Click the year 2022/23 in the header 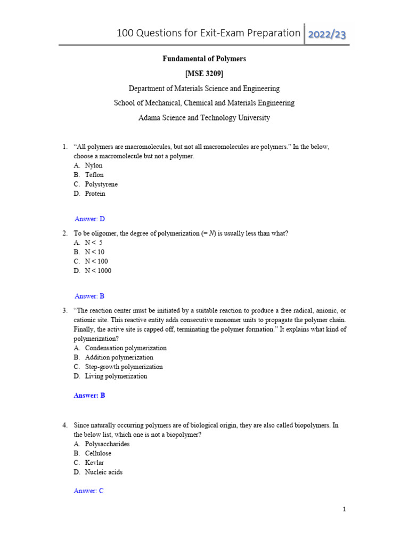click(x=327, y=34)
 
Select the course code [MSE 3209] click(x=204, y=74)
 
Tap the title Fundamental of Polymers click(x=204, y=59)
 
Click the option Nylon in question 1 click(x=94, y=165)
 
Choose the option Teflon click(x=94, y=175)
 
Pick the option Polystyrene click(x=101, y=184)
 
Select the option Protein click(x=95, y=194)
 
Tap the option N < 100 click(x=96, y=261)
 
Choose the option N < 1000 click(x=98, y=271)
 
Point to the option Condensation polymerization click(x=126, y=348)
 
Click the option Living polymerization click(x=116, y=376)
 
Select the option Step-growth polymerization click(x=124, y=367)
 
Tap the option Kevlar click(x=94, y=463)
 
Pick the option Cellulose click(x=98, y=453)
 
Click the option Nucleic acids click(x=103, y=472)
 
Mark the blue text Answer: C click(x=88, y=491)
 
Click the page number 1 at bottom click(x=345, y=510)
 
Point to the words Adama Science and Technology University click(x=204, y=118)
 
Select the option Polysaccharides click(x=107, y=444)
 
